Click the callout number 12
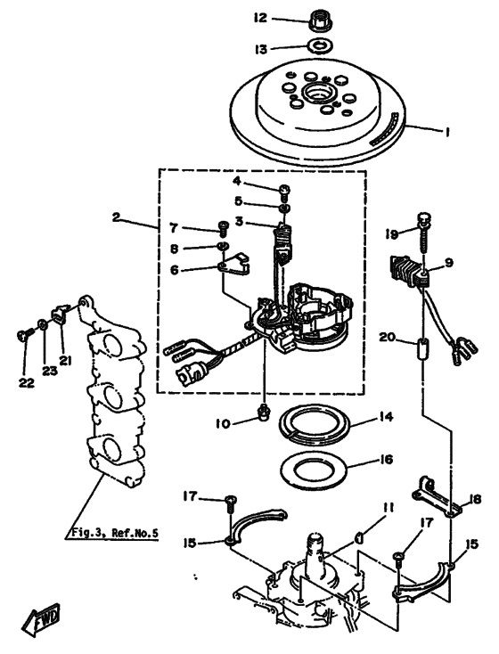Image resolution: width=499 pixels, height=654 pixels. click(260, 18)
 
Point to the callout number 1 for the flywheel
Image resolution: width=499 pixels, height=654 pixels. click(446, 132)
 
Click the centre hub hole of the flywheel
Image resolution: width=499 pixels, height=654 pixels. click(317, 92)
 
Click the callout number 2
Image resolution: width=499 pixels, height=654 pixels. click(116, 217)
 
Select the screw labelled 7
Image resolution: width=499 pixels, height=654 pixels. click(224, 228)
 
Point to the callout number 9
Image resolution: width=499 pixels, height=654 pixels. click(448, 263)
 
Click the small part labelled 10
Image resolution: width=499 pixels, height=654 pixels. click(263, 413)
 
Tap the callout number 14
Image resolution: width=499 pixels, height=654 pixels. click(386, 416)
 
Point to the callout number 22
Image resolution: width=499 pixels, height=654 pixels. click(26, 382)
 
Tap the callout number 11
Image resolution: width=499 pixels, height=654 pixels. click(389, 507)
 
